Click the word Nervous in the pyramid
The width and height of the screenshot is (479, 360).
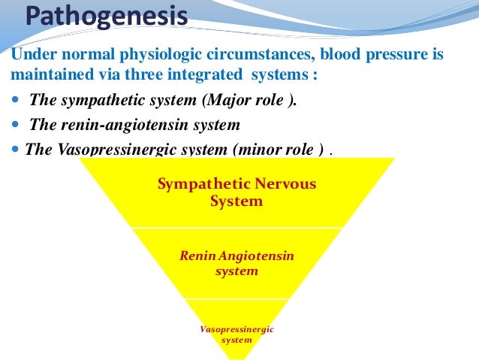point(288,184)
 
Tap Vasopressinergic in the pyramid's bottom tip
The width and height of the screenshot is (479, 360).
point(236,329)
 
